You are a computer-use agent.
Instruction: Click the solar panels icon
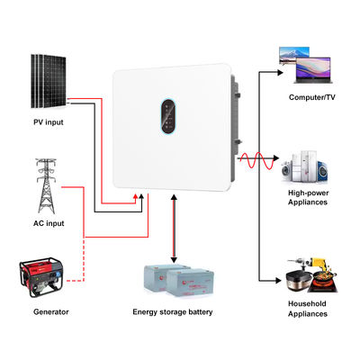[x=46, y=77]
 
